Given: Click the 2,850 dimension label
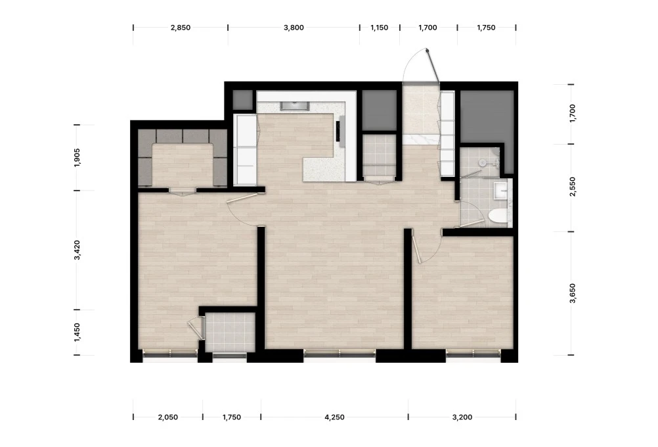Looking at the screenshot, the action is coord(181,28).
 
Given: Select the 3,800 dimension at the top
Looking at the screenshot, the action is coord(294,28).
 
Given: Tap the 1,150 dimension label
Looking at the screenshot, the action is coord(380,28).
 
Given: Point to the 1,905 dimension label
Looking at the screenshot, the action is coord(77,158).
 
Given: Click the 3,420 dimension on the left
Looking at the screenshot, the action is coord(77,250).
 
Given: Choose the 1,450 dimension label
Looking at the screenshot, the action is coord(77,333).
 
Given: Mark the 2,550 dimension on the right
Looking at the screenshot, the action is coord(573,187).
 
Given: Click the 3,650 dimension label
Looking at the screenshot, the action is coord(573,293).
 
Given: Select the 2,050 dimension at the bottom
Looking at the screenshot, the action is coord(168,417).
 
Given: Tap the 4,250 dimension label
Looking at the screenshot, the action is coord(334,417).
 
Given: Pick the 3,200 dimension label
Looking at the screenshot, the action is coord(462,417).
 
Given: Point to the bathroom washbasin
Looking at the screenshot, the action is coord(500,191).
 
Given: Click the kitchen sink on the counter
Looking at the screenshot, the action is coord(295,105).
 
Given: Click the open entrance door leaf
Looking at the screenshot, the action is coord(433,66).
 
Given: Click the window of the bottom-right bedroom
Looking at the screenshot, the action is coord(473,356).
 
